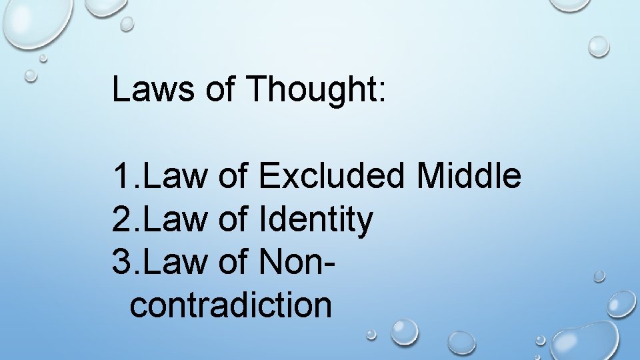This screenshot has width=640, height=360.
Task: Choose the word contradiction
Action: [x=231, y=305]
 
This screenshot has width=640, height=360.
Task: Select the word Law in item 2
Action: [x=175, y=221]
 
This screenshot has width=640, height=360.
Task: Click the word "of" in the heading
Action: [x=221, y=89]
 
